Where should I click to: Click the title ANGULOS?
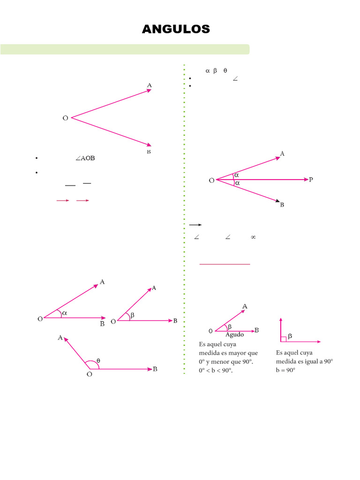pos(176,30)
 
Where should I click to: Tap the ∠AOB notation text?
pos(85,158)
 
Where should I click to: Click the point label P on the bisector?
pos(311,180)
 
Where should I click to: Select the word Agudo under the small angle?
pos(234,335)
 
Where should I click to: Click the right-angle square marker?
pos(283,339)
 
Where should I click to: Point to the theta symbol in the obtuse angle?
pos(98,361)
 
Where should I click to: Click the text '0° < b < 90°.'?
pos(216,371)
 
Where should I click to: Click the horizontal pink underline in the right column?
pos(225,264)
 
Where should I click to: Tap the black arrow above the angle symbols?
pos(195,225)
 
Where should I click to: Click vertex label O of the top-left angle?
pos(65,118)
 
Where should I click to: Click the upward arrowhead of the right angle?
pos(280,320)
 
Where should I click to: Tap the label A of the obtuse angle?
pos(60,337)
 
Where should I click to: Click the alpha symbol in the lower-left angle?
pos(65,313)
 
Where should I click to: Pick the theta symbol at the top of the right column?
pos(225,71)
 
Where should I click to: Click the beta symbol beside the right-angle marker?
pos(290,336)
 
